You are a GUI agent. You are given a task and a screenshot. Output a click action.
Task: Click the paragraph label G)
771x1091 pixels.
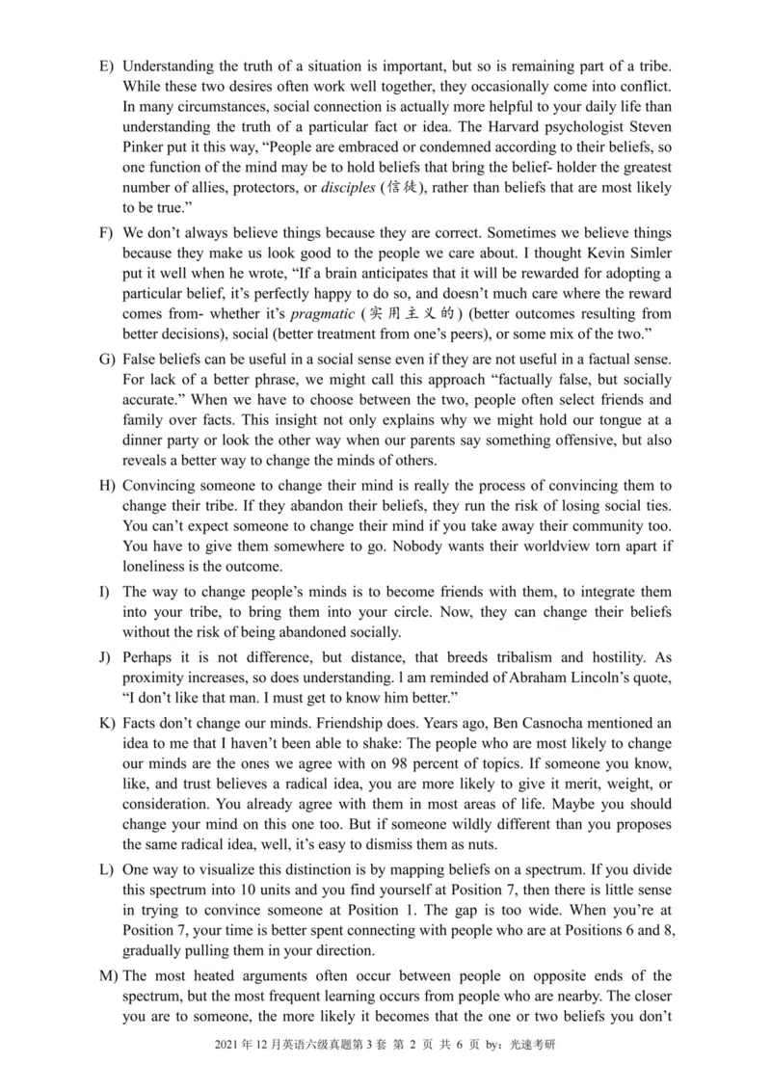[x=107, y=359]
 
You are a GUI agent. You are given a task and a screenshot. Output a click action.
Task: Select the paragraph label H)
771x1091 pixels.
[x=107, y=485]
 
